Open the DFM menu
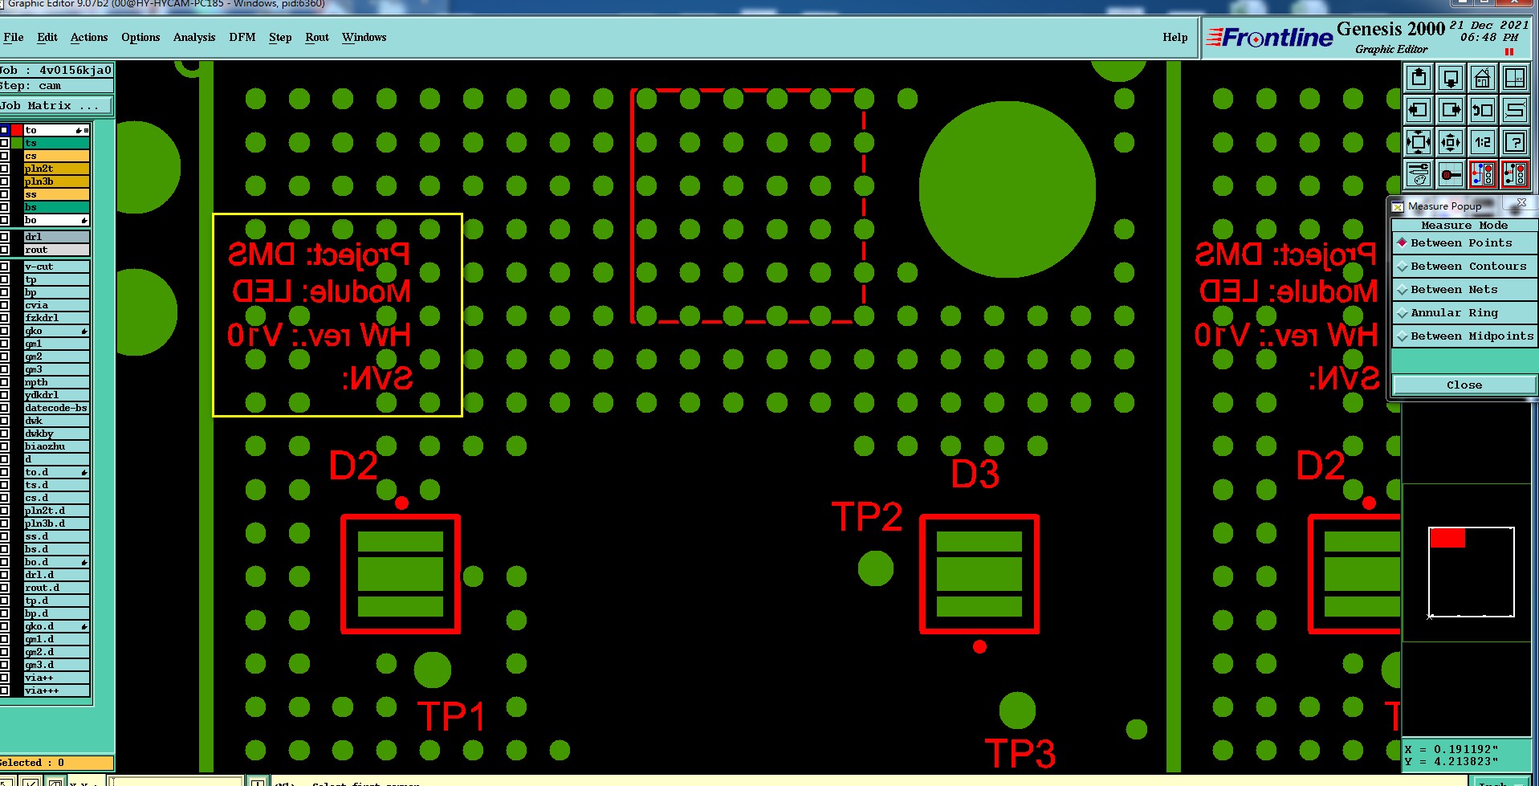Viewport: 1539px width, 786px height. click(242, 37)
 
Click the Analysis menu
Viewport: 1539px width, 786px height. click(194, 37)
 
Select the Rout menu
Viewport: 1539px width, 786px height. click(316, 37)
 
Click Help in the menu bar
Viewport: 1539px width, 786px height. click(1175, 37)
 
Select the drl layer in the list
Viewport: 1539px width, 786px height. click(55, 237)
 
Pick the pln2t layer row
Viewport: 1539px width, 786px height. click(55, 169)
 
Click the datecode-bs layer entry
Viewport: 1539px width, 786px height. click(55, 408)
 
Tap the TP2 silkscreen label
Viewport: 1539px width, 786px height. click(866, 517)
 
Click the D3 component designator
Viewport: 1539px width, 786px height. click(975, 474)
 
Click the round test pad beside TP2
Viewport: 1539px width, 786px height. click(875, 568)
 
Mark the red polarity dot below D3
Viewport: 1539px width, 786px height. click(979, 646)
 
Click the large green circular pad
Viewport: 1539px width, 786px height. click(1007, 189)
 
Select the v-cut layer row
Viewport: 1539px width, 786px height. click(55, 267)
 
